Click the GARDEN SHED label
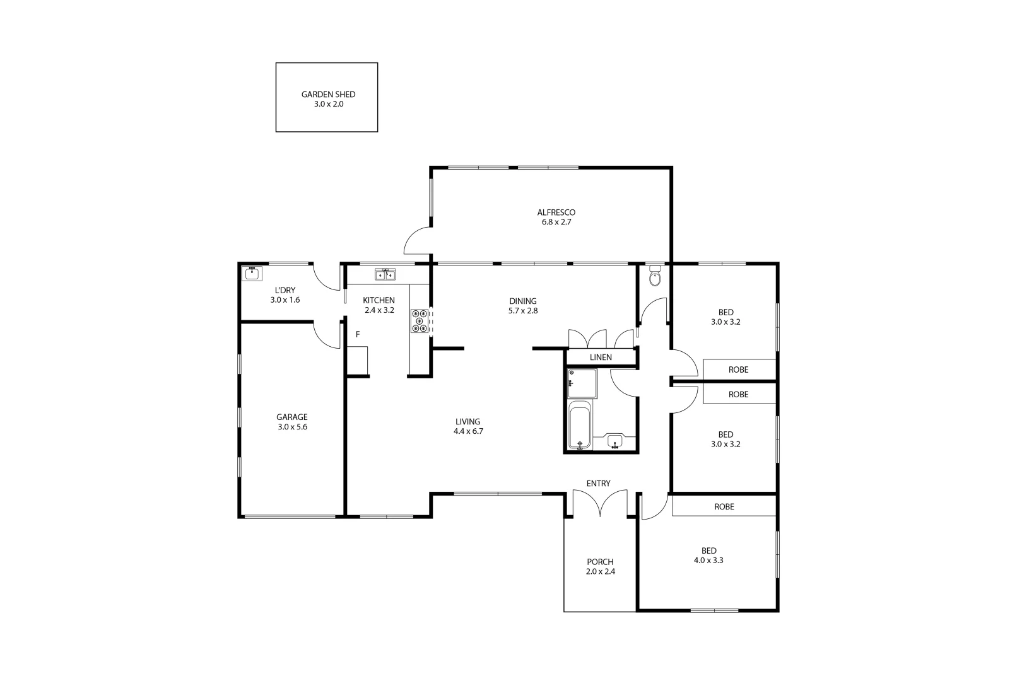coord(328,95)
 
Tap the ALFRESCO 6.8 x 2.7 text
coord(556,217)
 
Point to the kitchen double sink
coord(385,274)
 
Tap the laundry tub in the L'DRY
coord(252,273)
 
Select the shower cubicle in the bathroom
coord(581,383)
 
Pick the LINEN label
coord(601,358)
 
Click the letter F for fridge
coord(358,334)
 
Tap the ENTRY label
coord(598,484)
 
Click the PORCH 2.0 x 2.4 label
coord(599,567)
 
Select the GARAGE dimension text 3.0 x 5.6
coord(291,427)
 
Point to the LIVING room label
coord(467,422)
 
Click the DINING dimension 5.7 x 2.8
coord(522,311)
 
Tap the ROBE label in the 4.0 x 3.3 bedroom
coord(724,506)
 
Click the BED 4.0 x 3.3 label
coord(708,555)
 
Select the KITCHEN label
coord(379,300)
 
